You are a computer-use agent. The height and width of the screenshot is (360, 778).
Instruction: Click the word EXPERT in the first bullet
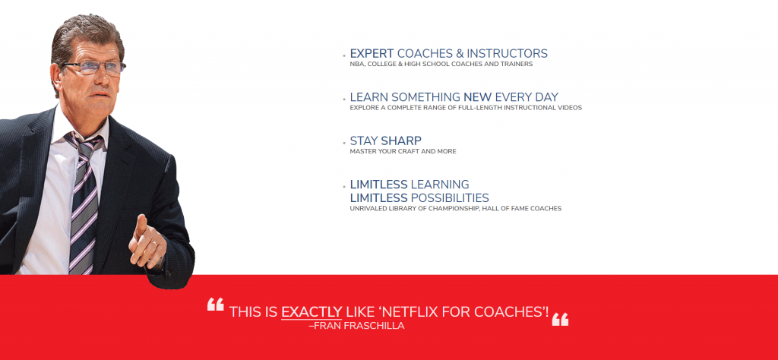[x=372, y=54]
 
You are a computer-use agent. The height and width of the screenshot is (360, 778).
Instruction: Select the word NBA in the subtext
[x=356, y=65]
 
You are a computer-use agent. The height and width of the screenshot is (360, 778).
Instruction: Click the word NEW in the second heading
[x=477, y=97]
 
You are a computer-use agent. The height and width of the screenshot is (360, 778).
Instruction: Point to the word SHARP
[x=401, y=141]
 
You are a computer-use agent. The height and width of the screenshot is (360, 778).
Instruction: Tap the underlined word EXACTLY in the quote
[x=312, y=312]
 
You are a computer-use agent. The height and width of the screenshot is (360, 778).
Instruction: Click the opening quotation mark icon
[x=215, y=304]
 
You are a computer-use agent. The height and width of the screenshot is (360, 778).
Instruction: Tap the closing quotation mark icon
[x=560, y=319]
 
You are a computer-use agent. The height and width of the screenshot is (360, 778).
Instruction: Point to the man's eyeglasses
[x=93, y=68]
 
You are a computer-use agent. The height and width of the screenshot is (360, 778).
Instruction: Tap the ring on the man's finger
[x=155, y=243]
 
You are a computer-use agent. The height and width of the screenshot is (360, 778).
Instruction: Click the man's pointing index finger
[x=141, y=228]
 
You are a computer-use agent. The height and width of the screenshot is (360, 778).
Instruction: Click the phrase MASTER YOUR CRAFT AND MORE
[x=403, y=151]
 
